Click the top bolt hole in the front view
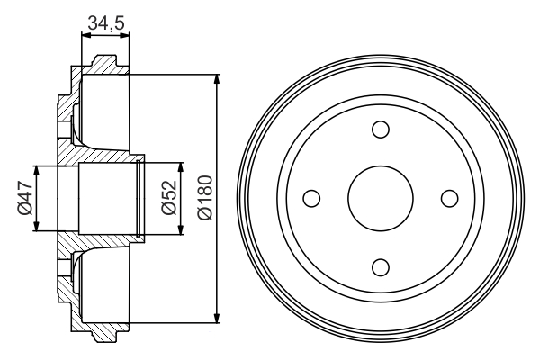click(380, 129)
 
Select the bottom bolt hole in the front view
click(380, 265)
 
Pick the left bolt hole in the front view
click(311, 197)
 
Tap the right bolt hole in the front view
click(448, 197)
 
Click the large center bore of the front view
click(380, 197)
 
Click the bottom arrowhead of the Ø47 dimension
click(36, 226)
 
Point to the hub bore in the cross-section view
click(99, 198)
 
